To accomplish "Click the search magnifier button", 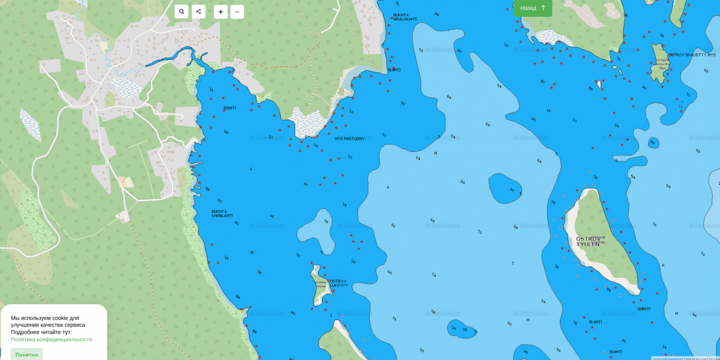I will coord(182,11).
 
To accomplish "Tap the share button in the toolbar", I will coord(199,11).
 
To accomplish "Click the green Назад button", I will coord(533,8).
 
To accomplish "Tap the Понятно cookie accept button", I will coord(26,355).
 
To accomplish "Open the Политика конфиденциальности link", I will coord(52,340).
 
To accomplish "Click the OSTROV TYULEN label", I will coord(588,242).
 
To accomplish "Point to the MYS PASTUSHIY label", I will coord(349,139).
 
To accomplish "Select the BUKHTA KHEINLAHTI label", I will coord(222,214).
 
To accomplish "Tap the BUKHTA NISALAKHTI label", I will coord(405,17).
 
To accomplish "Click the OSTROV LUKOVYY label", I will coord(338,283).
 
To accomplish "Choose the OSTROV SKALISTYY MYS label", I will coord(692,55).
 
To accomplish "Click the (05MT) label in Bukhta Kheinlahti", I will coord(229,108).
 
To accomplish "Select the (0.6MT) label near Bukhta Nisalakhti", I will coord(394,70).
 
